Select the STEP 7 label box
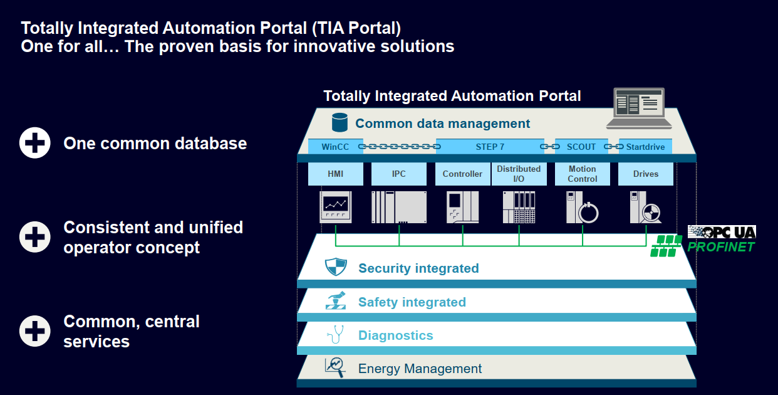[490, 146]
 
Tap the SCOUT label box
[581, 146]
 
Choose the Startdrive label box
[645, 146]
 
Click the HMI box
[336, 174]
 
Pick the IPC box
[399, 174]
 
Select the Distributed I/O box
[519, 174]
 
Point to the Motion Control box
[583, 174]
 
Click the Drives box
[646, 174]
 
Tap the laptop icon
[639, 108]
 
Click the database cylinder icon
[340, 122]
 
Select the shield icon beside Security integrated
[336, 267]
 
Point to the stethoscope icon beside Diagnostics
[336, 334]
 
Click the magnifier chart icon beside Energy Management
[335, 367]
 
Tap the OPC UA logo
[722, 232]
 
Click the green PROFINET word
[721, 247]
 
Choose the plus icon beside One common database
[34, 143]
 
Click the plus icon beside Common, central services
[34, 331]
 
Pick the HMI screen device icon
[336, 207]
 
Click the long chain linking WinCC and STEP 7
[400, 146]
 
